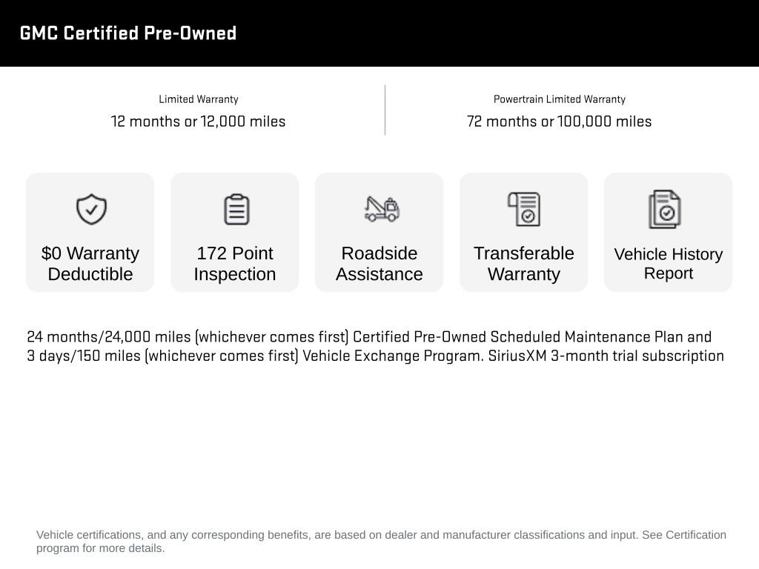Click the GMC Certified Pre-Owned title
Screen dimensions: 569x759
coord(128,33)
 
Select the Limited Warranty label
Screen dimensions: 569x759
coord(198,99)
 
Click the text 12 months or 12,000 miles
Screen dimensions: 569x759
coord(198,122)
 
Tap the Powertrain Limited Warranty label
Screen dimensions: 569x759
coord(559,99)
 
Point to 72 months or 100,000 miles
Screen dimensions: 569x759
coord(559,122)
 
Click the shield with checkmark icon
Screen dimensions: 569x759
coord(91,209)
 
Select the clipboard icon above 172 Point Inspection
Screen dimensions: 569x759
coord(236,209)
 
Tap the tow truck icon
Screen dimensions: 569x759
coord(381,208)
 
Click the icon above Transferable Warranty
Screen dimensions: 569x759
coord(524,209)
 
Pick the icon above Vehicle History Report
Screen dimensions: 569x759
coord(665,210)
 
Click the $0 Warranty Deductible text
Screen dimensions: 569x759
coord(90,264)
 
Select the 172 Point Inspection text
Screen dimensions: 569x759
coord(235,264)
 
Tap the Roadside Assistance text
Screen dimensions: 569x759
coord(379,264)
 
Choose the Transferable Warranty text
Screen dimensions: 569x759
coord(524,264)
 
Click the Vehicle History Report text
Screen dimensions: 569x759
coord(668,264)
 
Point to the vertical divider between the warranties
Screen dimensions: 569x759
coord(385,110)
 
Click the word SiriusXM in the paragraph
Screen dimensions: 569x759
coord(517,356)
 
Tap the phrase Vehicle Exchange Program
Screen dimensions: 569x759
coord(393,356)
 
